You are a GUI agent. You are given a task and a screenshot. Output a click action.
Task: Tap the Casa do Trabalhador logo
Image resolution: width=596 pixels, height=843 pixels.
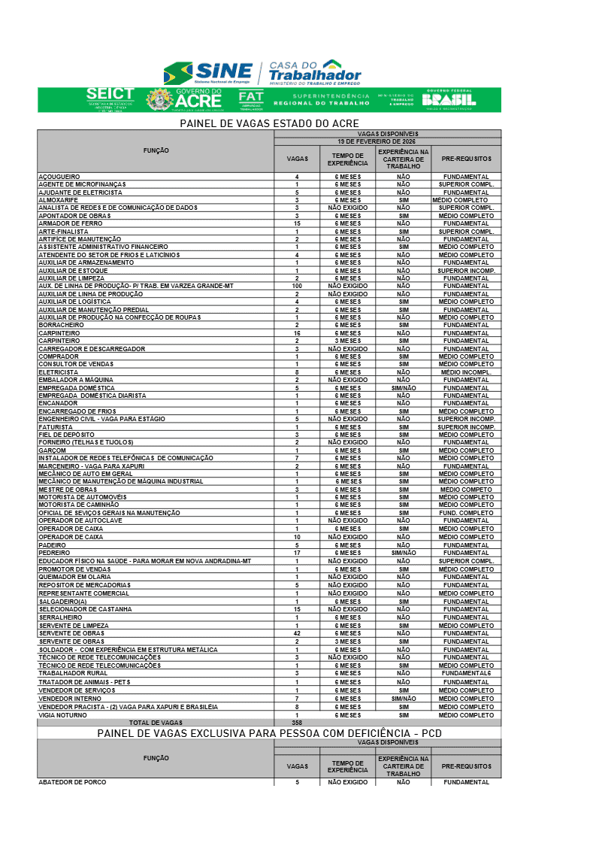point(314,72)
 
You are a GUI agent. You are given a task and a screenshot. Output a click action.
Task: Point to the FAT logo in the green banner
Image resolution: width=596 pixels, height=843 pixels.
point(251,99)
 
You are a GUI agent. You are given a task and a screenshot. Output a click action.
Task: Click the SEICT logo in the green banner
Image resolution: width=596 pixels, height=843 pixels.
point(110,98)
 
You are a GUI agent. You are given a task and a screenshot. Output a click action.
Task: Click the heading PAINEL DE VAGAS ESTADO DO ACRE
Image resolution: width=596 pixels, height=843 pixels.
point(269,123)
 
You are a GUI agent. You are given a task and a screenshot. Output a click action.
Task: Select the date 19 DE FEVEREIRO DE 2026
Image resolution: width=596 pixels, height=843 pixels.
point(387,141)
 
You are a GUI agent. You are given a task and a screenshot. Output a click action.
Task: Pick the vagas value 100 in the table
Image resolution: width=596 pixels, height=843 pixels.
point(297,286)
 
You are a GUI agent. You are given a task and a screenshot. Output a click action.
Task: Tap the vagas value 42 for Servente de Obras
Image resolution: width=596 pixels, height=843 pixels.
point(297,633)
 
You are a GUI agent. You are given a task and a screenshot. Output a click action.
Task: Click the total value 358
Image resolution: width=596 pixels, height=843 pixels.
point(297,723)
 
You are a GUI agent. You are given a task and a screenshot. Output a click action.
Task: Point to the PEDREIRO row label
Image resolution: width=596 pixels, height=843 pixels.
point(54,553)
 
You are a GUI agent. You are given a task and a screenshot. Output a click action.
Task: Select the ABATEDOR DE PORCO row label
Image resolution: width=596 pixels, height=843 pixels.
point(73,782)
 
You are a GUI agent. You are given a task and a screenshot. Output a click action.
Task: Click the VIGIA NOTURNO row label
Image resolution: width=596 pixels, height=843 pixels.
point(63,715)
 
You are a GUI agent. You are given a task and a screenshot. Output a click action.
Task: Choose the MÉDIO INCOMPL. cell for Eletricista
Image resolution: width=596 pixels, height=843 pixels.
point(466,372)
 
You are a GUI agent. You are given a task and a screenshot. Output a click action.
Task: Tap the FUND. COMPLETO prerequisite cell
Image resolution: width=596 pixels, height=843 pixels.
point(466,513)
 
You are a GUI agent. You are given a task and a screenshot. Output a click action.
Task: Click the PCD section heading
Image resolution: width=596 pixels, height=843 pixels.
point(269,732)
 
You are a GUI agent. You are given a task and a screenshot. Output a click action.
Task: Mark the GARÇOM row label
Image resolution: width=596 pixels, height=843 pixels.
point(53,450)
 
